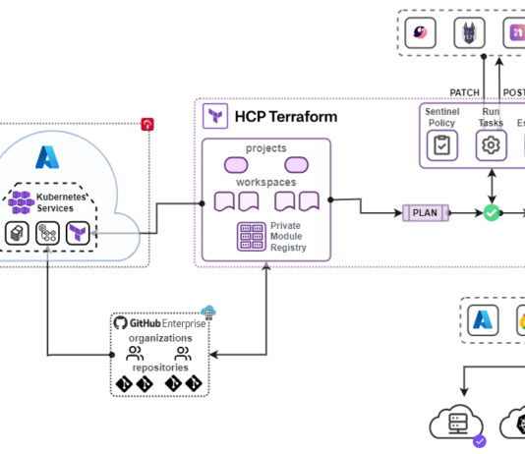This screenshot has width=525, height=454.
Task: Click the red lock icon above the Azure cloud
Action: [x=147, y=124]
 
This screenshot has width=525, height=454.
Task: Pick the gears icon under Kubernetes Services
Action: [x=46, y=233]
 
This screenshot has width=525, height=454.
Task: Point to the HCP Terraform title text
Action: [x=285, y=117]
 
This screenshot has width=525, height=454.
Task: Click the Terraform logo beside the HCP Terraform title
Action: [x=215, y=117]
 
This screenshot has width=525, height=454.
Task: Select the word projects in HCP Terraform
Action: [x=266, y=148]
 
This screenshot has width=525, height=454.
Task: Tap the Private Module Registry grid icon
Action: [x=252, y=237]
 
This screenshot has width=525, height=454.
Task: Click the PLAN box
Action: [x=425, y=212]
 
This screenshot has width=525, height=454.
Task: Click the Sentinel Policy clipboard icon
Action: [x=441, y=145]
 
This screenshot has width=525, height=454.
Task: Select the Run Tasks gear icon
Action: [x=491, y=145]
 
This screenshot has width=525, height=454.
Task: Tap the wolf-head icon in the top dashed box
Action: [x=470, y=32]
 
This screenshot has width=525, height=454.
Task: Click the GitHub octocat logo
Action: [x=121, y=322]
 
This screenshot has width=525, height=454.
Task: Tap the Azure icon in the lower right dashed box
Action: [x=484, y=320]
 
